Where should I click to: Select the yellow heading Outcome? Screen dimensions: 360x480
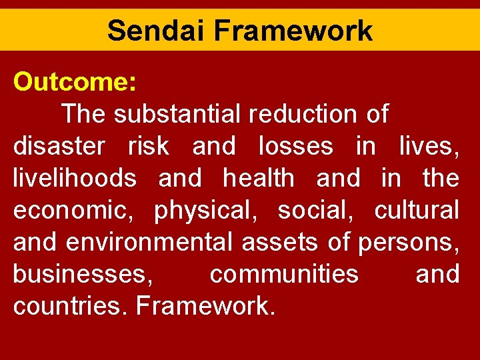75,82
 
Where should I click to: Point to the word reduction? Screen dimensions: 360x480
303,114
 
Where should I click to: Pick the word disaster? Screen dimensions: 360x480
59,146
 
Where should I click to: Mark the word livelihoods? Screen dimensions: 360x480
75,178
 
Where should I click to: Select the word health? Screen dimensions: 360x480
259,178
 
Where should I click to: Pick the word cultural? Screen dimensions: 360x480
417,210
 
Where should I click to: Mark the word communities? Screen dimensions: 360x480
284,274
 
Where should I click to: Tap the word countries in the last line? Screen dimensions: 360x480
71,306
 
